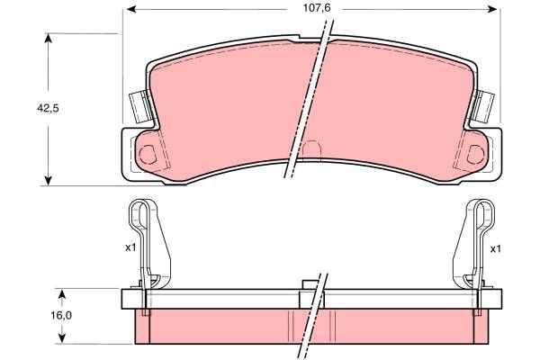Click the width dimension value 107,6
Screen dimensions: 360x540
pos(310,10)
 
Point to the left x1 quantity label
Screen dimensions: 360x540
pos(130,247)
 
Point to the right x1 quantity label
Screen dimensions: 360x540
pos(494,247)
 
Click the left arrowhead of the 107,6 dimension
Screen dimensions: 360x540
pos(128,10)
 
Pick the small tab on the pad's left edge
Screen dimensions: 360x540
pos(138,108)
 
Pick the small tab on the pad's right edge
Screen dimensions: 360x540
pos(485,108)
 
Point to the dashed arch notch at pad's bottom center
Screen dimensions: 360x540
pos(310,149)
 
